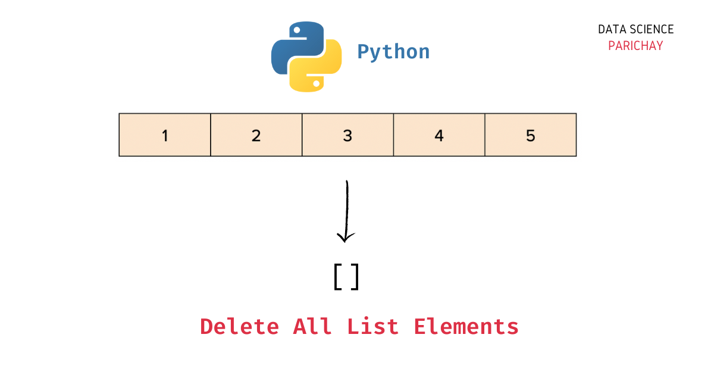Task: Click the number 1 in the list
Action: click(165, 136)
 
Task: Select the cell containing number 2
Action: click(256, 135)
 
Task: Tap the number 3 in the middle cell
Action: click(347, 136)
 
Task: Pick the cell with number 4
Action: click(439, 136)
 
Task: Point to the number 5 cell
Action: click(531, 136)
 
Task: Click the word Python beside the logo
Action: click(393, 52)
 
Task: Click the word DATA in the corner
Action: click(612, 29)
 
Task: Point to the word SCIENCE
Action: click(653, 29)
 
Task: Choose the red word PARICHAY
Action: click(635, 46)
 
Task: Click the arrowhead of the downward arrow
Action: click(345, 238)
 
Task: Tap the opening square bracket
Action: click(337, 277)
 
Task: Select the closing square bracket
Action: click(355, 277)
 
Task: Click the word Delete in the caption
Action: click(239, 327)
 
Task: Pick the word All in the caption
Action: click(312, 327)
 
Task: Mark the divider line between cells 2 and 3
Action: click(302, 135)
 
